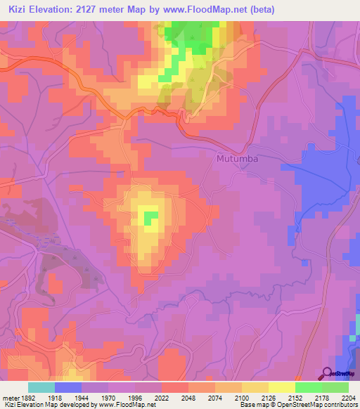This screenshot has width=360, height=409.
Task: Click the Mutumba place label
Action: pyautogui.click(x=236, y=159)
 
